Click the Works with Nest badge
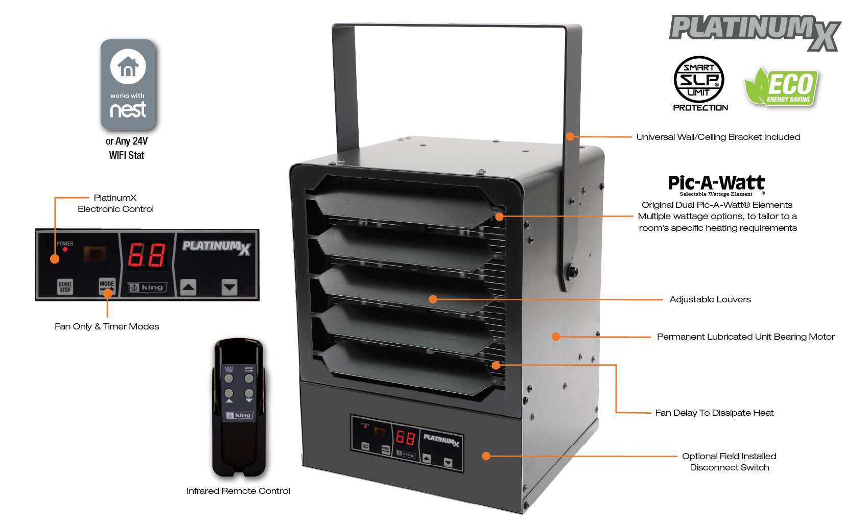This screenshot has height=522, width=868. pyautogui.click(x=128, y=84)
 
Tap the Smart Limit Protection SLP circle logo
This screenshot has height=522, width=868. pyautogui.click(x=699, y=80)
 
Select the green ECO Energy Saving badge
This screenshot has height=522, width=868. pyautogui.click(x=782, y=87)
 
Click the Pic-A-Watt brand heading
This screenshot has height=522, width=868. pyautogui.click(x=716, y=183)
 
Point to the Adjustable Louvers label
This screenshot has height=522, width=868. pyautogui.click(x=710, y=299)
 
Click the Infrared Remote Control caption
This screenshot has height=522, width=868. pyautogui.click(x=238, y=491)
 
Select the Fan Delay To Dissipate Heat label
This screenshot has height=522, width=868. pyautogui.click(x=714, y=413)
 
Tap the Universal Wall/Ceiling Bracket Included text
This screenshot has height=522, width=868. pyautogui.click(x=718, y=137)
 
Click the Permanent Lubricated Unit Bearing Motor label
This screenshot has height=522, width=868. pyautogui.click(x=745, y=337)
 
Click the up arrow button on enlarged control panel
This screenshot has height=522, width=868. pyautogui.click(x=189, y=288)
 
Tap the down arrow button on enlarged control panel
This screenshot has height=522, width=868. pyautogui.click(x=229, y=288)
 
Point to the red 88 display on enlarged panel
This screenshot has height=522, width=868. pyautogui.click(x=147, y=255)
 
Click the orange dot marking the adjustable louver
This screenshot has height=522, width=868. pyautogui.click(x=433, y=299)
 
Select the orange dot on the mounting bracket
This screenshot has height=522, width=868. pyautogui.click(x=570, y=136)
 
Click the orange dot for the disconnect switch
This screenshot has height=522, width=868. pyautogui.click(x=486, y=456)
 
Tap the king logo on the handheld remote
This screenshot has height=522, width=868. pyautogui.click(x=239, y=415)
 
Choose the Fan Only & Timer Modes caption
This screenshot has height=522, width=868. pyautogui.click(x=107, y=326)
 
